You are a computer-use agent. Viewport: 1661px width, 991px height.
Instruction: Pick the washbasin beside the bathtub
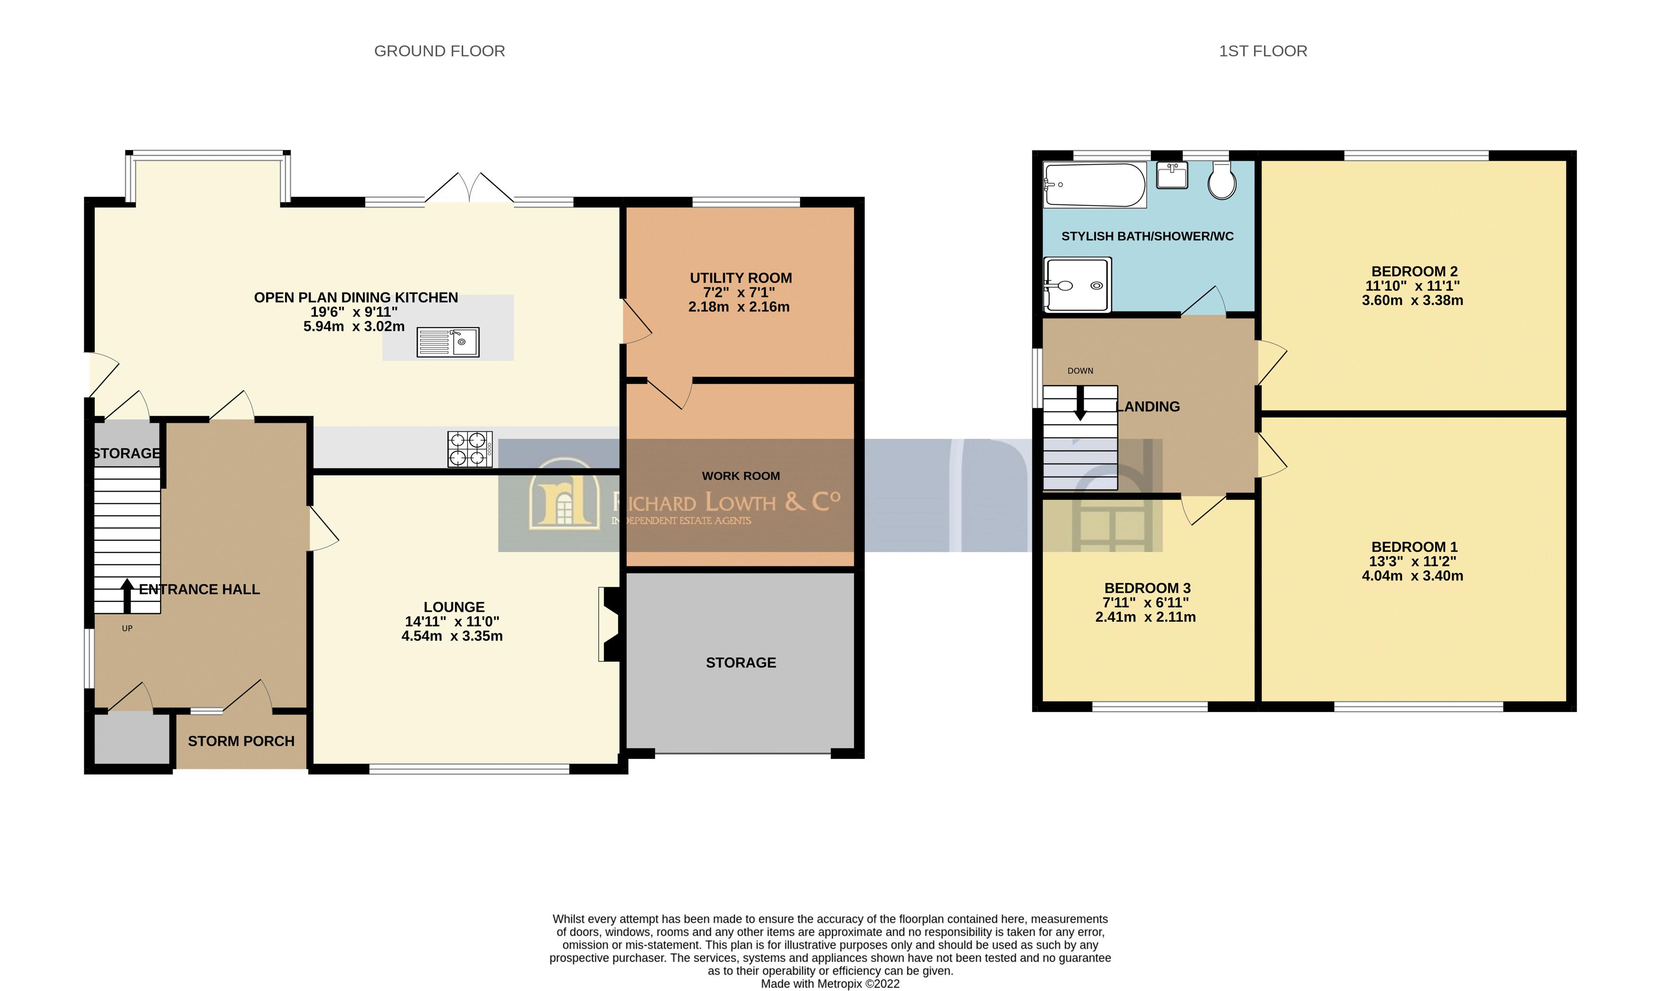point(1172,176)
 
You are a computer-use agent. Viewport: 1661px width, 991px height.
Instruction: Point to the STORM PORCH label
point(241,741)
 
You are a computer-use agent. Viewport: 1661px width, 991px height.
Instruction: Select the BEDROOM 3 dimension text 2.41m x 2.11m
point(1145,617)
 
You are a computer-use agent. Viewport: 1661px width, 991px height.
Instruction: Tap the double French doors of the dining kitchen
point(469,189)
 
